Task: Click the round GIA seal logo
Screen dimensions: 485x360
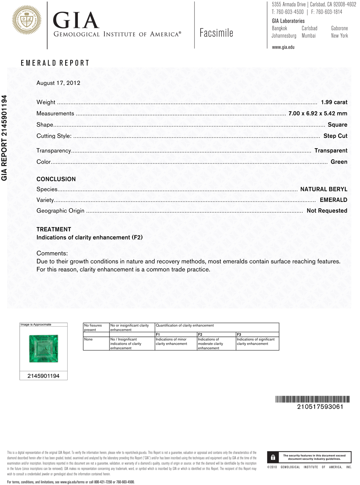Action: click(x=27, y=20)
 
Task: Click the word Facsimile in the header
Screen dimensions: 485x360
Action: click(x=216, y=33)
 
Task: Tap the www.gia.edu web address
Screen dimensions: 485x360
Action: click(x=283, y=47)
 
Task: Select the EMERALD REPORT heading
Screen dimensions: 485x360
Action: click(x=55, y=63)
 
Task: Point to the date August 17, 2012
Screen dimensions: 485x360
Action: click(x=58, y=83)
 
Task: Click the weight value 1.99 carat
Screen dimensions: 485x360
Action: click(x=334, y=102)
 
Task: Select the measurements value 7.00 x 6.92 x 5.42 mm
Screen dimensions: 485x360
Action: click(x=318, y=113)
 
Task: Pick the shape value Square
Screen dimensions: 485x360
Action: click(x=337, y=125)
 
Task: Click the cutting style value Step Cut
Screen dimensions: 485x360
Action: click(x=335, y=136)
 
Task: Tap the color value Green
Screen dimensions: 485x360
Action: click(x=339, y=162)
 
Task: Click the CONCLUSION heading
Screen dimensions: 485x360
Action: click(x=56, y=179)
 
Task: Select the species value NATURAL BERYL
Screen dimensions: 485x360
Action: click(x=324, y=189)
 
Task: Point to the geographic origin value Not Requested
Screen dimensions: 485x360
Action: click(x=327, y=211)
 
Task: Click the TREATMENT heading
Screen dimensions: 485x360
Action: click(x=54, y=230)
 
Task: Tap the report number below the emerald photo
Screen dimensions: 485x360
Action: click(x=44, y=376)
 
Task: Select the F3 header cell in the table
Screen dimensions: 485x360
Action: click(x=239, y=335)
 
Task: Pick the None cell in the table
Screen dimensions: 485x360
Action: click(x=88, y=339)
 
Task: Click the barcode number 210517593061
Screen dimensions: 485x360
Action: click(x=320, y=407)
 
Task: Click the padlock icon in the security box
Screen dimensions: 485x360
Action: click(x=273, y=457)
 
